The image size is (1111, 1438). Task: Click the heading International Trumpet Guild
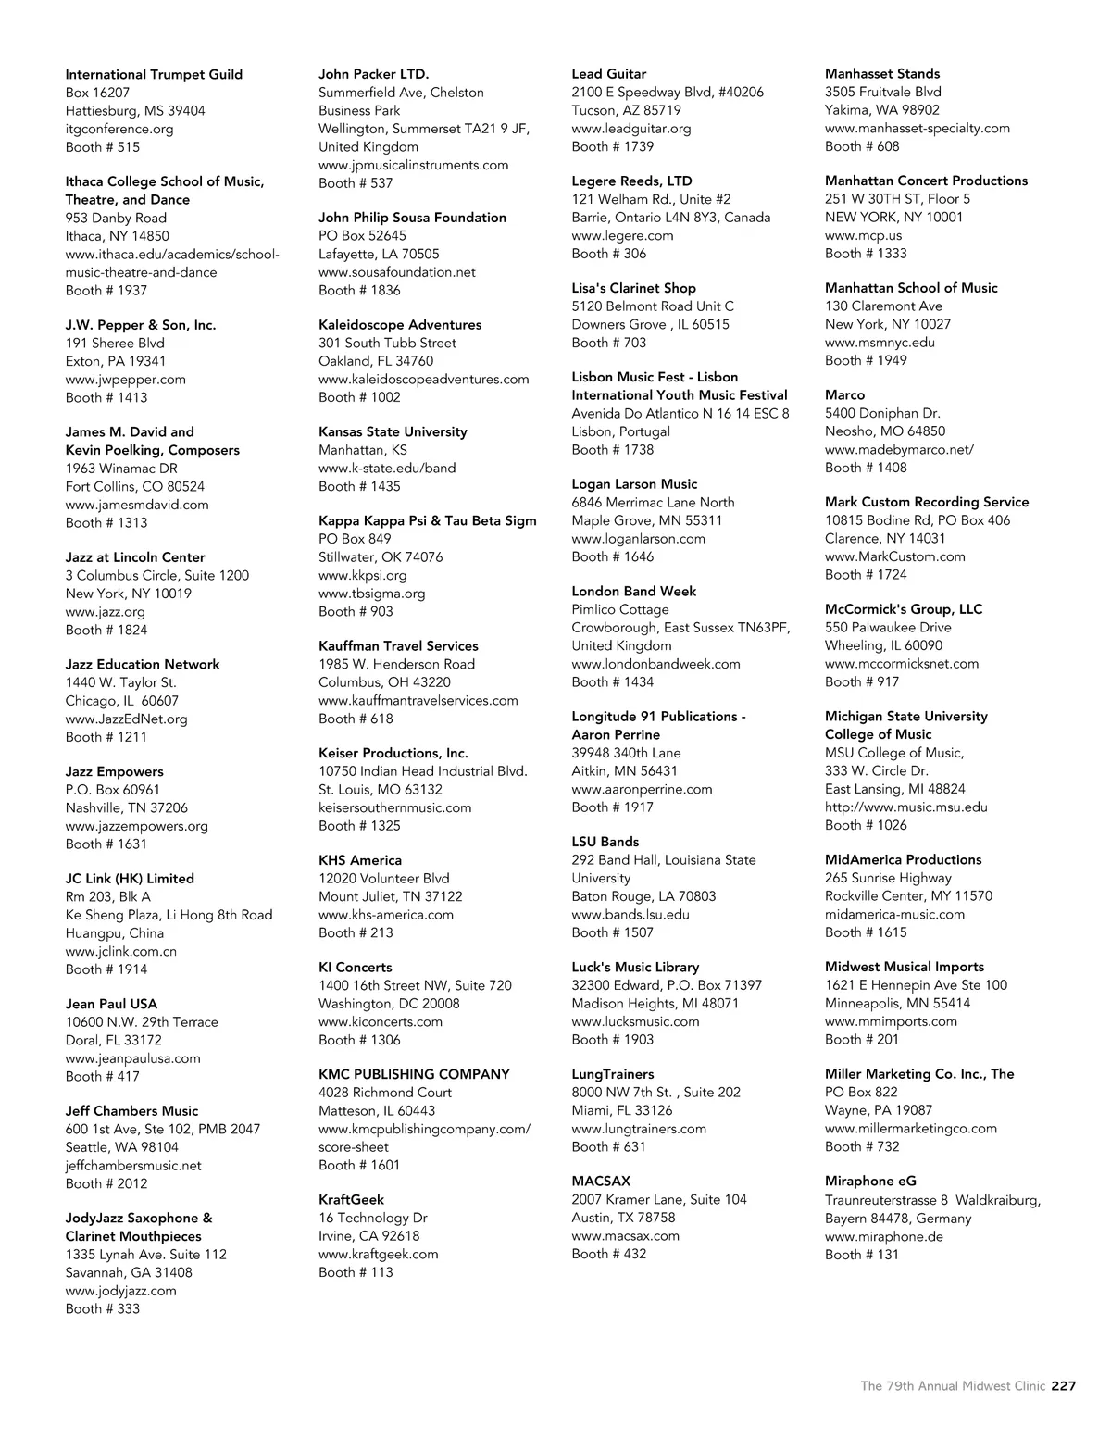point(154,74)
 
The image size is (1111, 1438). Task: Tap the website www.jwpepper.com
point(125,380)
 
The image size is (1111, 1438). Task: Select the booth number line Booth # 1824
point(106,630)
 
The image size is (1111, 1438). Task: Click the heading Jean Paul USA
point(111,1004)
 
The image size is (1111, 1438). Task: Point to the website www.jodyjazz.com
point(120,1291)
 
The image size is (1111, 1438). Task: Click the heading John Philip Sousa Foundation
point(412,218)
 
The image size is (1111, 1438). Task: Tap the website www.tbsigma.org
point(372,594)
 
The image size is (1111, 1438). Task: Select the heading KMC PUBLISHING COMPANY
point(414,1074)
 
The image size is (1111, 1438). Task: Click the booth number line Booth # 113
point(356,1272)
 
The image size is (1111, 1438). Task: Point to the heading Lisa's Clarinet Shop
point(633,288)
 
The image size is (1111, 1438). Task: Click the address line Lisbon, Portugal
point(620,431)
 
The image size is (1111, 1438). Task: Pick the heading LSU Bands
point(605,842)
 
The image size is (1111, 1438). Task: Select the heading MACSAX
point(601,1182)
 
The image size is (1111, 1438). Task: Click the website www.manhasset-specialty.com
point(917,129)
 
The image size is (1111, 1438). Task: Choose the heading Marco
point(844,394)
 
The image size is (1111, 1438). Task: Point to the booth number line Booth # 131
point(861,1255)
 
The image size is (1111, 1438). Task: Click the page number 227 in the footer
point(1063,1386)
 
